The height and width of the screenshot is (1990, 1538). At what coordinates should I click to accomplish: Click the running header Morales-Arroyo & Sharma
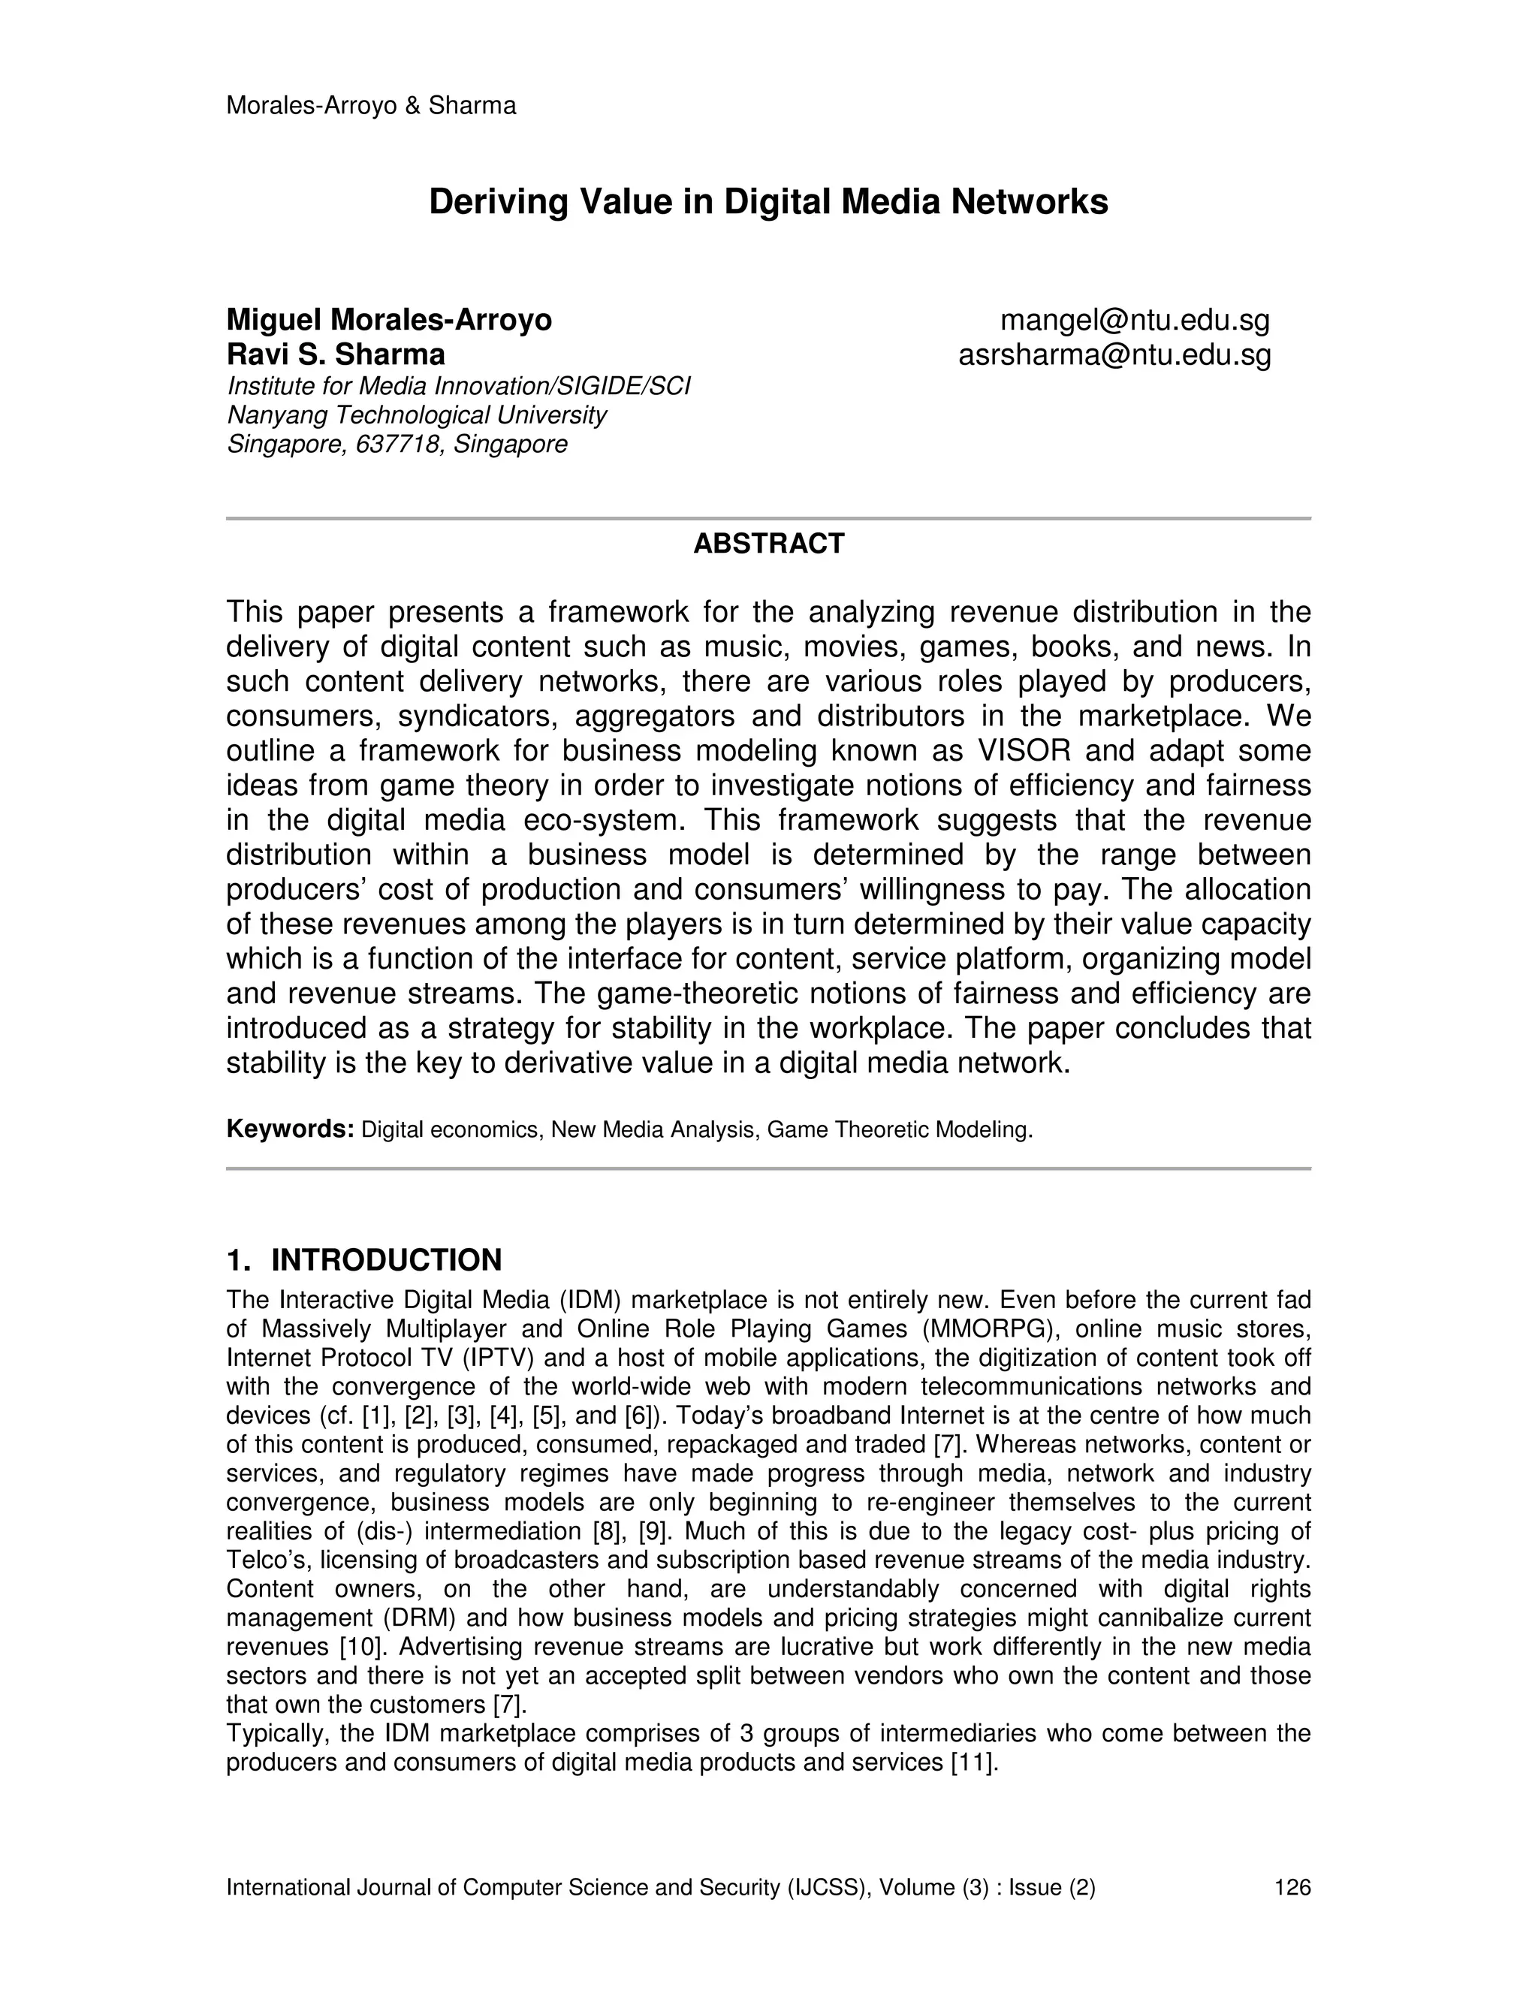pos(371,106)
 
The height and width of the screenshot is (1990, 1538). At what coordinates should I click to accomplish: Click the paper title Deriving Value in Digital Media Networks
pos(768,201)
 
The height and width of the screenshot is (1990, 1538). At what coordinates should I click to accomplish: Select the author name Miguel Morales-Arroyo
pos(389,320)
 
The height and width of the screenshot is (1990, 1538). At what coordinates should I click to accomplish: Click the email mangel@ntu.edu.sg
pos(1135,320)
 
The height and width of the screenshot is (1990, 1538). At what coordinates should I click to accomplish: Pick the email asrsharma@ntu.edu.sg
pos(1114,354)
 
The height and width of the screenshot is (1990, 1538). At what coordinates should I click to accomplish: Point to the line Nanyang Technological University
pos(416,415)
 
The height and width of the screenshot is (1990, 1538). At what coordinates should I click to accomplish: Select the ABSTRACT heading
pos(768,544)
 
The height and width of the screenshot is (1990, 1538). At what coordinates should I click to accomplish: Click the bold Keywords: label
pos(290,1129)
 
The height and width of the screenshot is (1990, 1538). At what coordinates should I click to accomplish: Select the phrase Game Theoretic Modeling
pos(899,1130)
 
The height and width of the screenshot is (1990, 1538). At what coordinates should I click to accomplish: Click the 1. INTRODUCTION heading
pos(363,1260)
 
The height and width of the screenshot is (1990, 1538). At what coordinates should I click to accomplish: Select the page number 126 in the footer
pos(1292,1887)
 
